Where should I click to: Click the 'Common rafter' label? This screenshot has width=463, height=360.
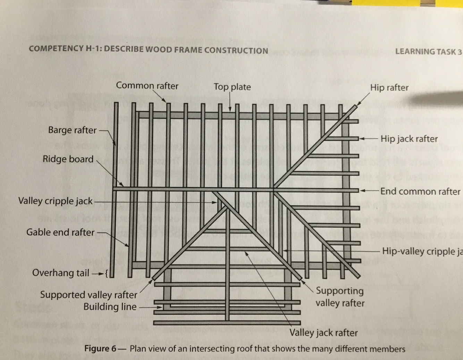(x=147, y=85)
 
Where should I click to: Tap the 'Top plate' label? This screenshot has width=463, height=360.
(x=232, y=87)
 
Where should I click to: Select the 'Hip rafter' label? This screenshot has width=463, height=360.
(x=389, y=87)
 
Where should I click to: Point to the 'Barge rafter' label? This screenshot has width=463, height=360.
(x=72, y=130)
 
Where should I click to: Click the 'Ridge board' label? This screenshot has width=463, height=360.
(x=68, y=159)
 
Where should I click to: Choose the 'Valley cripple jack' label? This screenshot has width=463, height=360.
(x=56, y=201)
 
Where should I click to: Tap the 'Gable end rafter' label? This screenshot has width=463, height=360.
(x=60, y=232)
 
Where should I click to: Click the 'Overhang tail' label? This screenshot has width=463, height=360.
(x=61, y=273)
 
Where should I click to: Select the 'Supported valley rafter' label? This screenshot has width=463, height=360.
(x=89, y=295)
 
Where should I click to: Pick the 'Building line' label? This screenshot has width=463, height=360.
(x=110, y=307)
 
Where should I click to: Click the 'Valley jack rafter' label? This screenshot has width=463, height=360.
(x=323, y=333)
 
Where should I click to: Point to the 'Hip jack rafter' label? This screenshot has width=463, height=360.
(x=409, y=139)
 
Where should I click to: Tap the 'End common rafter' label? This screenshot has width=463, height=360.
(x=420, y=192)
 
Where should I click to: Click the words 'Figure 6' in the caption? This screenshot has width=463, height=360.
(x=100, y=349)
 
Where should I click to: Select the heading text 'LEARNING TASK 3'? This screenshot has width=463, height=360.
(x=428, y=52)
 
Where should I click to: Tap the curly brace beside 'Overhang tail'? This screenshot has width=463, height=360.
(x=107, y=273)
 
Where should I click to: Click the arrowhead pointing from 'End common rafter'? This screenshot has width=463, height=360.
(x=362, y=191)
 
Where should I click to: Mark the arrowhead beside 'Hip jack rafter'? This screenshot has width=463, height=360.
(x=361, y=139)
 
